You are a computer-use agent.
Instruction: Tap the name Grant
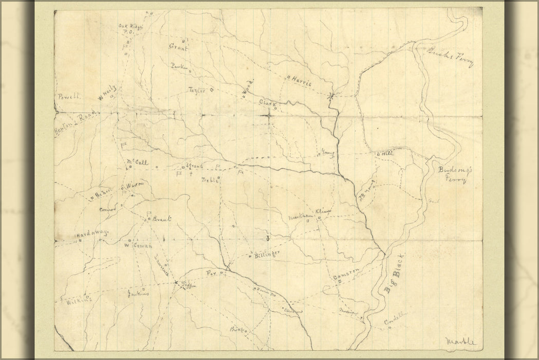tap(178, 47)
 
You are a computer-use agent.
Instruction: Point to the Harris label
tap(301, 81)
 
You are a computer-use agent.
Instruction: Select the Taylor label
tap(197, 90)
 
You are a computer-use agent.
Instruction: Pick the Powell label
tap(69, 96)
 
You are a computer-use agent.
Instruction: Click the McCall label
tap(137, 163)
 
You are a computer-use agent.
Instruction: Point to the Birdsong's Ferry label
tap(452, 175)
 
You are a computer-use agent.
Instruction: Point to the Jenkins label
tap(138, 295)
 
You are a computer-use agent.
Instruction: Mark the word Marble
tap(461, 340)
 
